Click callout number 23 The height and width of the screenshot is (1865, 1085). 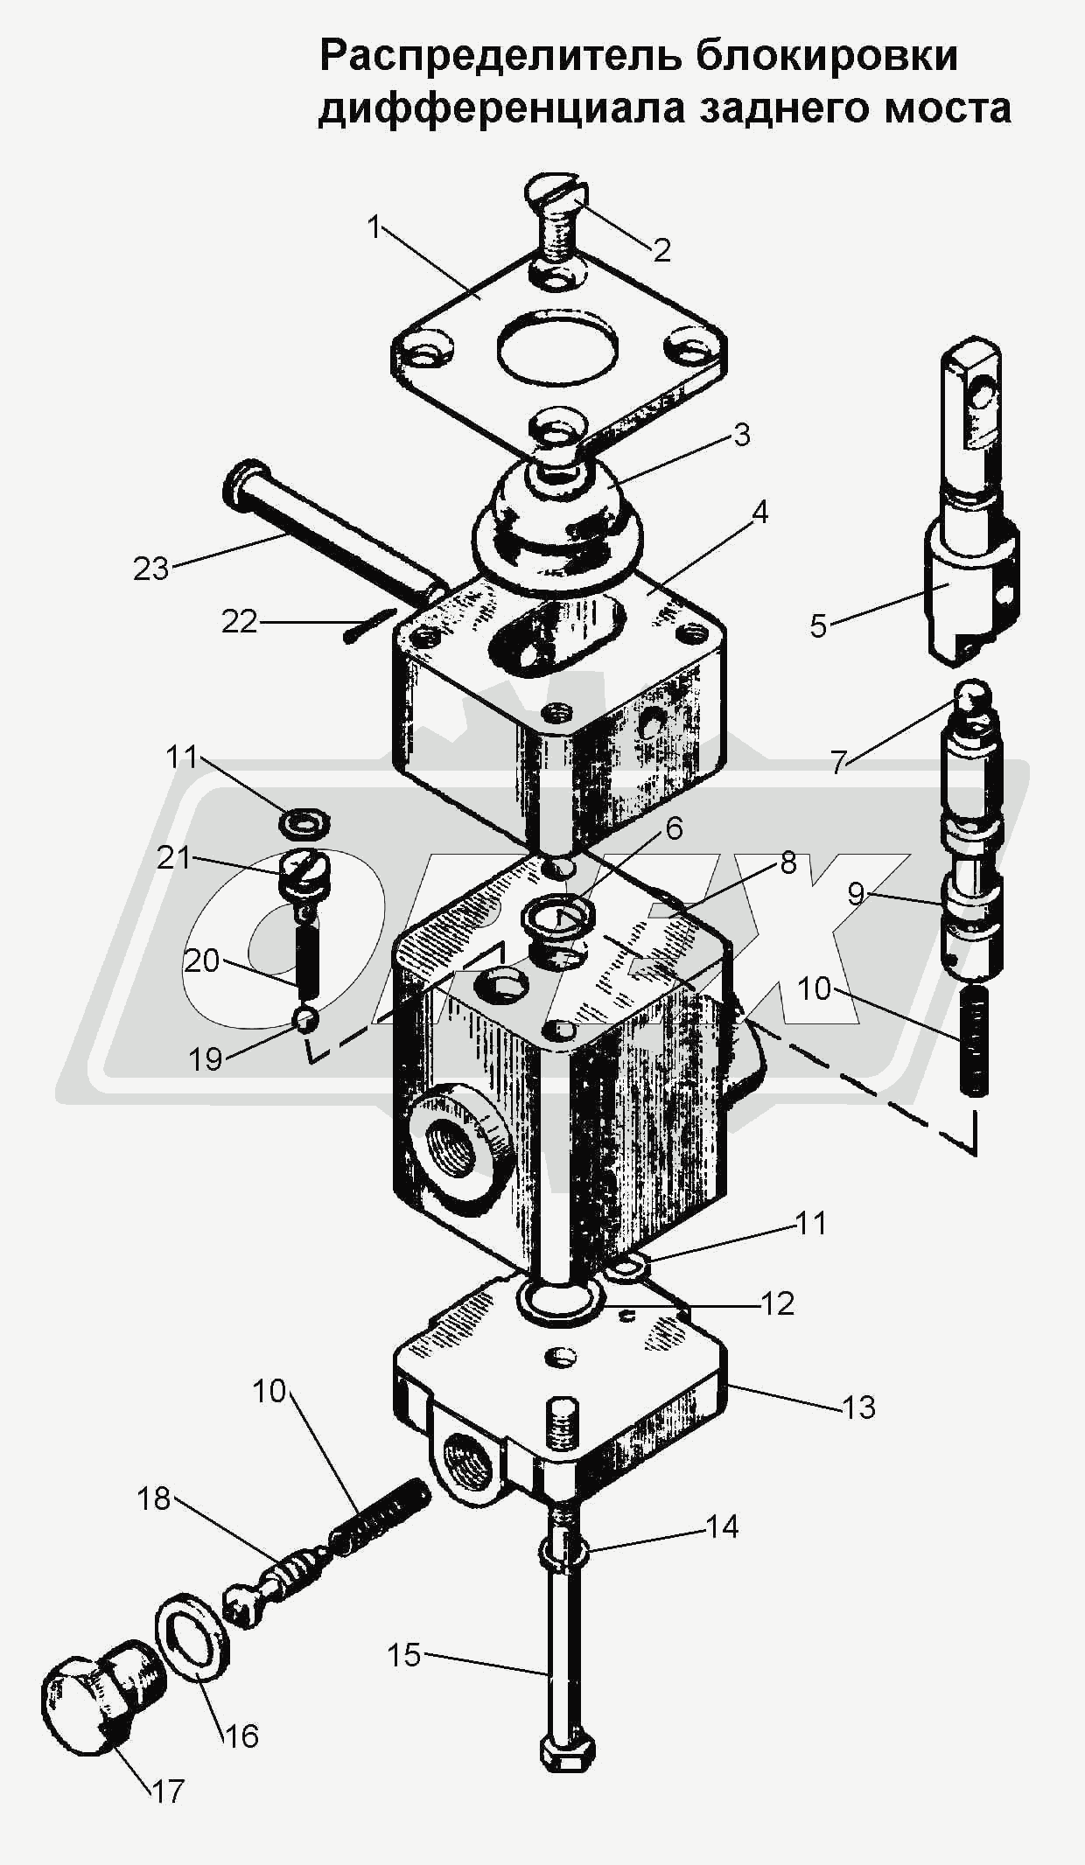click(150, 569)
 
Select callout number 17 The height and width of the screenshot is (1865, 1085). click(168, 1791)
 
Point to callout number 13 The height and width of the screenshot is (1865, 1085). click(858, 1407)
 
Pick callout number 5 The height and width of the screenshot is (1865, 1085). click(818, 625)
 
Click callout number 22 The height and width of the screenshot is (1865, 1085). click(239, 621)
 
